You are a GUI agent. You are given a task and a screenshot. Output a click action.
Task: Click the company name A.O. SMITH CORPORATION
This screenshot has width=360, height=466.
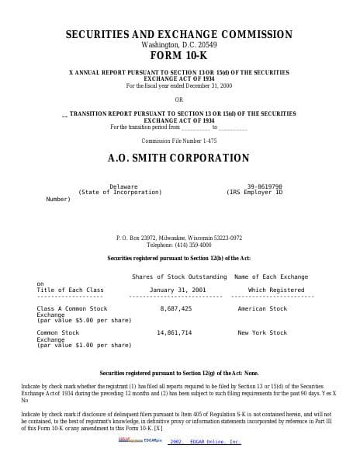tap(178, 158)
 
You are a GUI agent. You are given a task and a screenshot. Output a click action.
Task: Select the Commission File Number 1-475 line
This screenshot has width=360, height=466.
tap(179, 141)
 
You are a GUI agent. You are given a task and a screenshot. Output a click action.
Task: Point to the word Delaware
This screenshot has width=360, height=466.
tap(123, 186)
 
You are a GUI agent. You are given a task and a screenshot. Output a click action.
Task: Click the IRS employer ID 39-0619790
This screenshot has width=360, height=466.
tap(265, 186)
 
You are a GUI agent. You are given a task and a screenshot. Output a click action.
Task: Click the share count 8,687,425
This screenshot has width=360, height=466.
tap(175, 308)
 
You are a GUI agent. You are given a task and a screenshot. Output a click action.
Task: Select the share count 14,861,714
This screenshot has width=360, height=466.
tap(174, 332)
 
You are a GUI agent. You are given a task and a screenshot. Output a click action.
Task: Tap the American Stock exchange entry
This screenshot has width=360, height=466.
tap(262, 308)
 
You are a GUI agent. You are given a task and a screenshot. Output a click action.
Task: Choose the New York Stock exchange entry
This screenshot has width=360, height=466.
tap(262, 332)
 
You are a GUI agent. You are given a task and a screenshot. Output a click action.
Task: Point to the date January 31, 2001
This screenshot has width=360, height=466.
tap(178, 290)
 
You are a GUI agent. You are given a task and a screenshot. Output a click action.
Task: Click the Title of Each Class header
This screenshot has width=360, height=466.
tap(70, 290)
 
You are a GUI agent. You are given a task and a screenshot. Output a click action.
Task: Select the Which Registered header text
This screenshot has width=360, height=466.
tap(276, 290)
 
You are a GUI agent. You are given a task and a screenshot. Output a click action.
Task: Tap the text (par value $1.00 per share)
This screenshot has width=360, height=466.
tap(84, 345)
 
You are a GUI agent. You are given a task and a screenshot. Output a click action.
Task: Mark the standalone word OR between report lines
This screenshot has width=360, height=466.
tap(179, 99)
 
